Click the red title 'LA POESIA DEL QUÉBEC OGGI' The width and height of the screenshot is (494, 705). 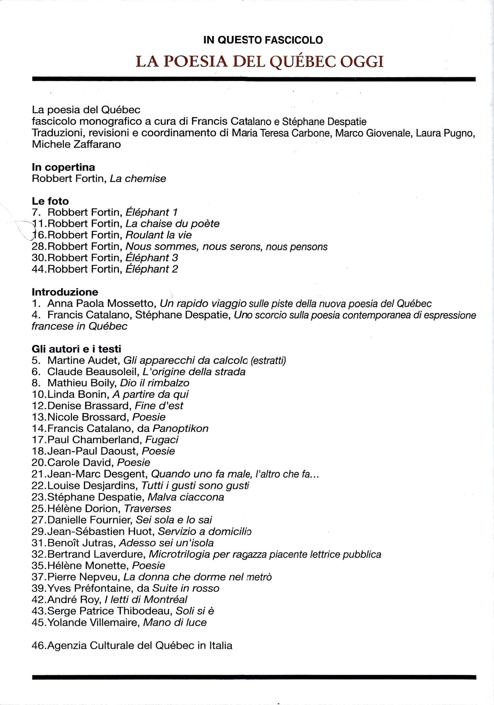260,62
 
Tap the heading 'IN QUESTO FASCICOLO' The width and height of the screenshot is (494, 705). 263,40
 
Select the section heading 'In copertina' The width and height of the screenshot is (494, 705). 63,167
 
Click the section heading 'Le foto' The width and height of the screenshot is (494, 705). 50,201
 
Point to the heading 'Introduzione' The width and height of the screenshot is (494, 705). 65,292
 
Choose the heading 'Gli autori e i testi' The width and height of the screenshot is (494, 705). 77,349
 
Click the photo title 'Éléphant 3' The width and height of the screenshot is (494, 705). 152,258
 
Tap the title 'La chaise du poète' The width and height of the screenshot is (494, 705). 172,224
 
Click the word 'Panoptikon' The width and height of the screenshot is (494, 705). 180,429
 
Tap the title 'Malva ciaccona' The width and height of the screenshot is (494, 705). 186,497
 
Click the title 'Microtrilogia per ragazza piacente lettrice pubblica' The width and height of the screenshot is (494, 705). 265,554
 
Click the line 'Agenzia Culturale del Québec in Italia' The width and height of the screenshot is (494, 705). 140,646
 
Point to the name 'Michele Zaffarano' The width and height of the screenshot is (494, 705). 76,144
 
